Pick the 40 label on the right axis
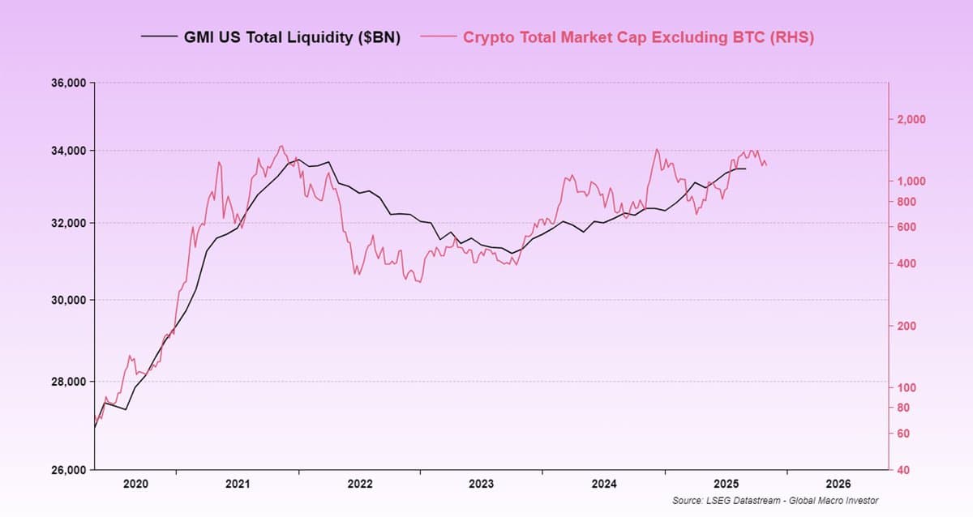click(905, 470)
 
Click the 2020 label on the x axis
click(135, 484)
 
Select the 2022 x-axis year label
click(359, 484)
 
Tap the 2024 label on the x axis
click(603, 484)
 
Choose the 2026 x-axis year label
click(838, 484)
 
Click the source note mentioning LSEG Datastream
click(775, 501)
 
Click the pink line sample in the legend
click(438, 37)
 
